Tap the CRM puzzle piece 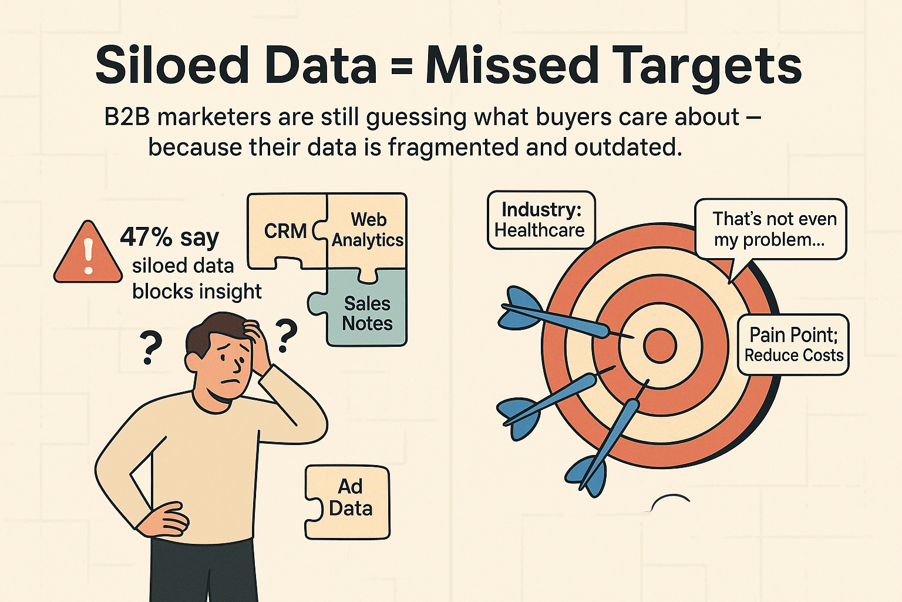[x=285, y=230]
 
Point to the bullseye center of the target [x=660, y=346]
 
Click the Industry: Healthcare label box [x=540, y=220]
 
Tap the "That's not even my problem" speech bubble [x=770, y=229]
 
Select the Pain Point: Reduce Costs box [x=793, y=345]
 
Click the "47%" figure [x=146, y=238]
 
